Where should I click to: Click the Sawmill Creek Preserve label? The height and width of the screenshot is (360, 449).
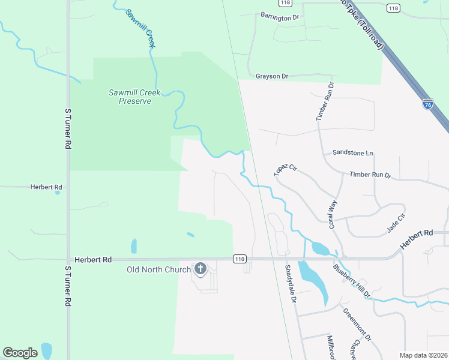(130, 97)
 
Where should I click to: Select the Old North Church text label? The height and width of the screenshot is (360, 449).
(158, 269)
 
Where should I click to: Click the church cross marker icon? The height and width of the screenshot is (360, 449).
(200, 269)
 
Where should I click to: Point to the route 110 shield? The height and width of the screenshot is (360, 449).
(240, 259)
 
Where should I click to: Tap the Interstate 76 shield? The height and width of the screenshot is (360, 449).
(427, 104)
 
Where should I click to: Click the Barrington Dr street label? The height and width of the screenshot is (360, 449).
(279, 17)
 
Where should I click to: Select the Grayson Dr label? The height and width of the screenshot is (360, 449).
(272, 76)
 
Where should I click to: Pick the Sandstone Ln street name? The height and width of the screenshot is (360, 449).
(352, 153)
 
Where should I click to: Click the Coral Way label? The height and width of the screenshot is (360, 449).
(332, 214)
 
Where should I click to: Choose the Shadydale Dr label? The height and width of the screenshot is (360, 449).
(291, 283)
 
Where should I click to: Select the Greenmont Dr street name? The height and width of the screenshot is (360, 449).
(357, 325)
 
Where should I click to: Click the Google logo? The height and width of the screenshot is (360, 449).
(20, 353)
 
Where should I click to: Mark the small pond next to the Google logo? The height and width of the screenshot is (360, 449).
(47, 350)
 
